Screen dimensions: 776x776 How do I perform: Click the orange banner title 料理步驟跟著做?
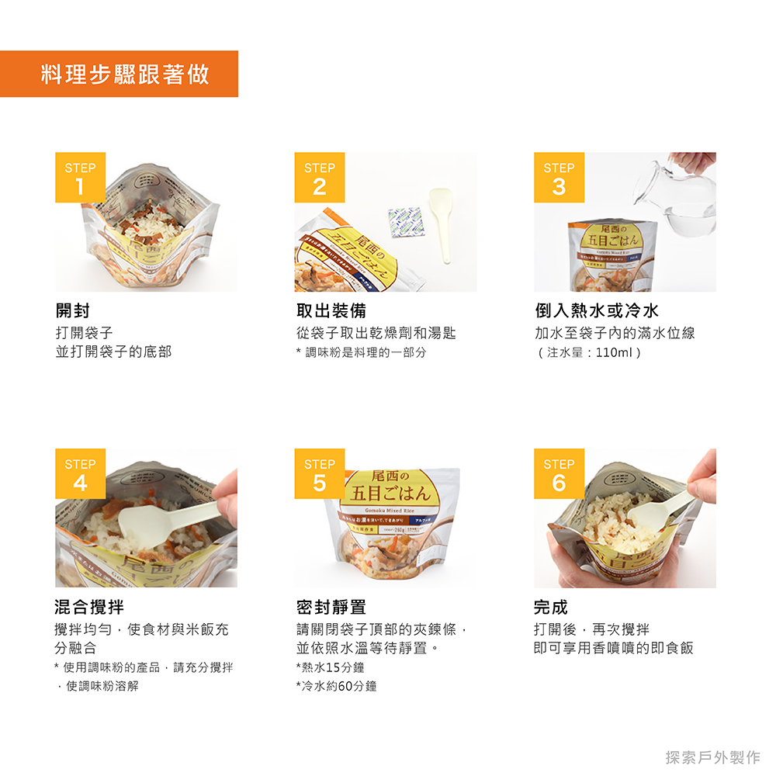pos(125,74)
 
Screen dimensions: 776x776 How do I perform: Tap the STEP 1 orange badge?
pos(80,178)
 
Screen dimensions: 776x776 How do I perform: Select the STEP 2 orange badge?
pos(319,178)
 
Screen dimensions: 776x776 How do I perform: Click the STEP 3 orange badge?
pos(559,178)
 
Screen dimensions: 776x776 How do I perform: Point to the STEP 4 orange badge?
pos(80,474)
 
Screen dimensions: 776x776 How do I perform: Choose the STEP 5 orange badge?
pos(319,474)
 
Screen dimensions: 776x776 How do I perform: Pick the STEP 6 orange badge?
pos(559,474)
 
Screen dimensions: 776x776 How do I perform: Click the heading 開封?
pos(72,311)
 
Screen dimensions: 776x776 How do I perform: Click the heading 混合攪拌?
pos(89,607)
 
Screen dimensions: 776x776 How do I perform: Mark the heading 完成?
pos(550,607)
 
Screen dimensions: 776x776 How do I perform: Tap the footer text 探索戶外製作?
pos(712,757)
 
